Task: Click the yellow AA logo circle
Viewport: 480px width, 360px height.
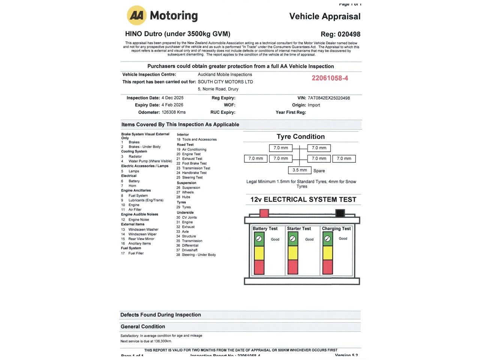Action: pos(137,15)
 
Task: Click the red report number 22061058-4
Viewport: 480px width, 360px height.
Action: pos(330,78)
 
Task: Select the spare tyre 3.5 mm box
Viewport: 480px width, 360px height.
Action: pos(300,170)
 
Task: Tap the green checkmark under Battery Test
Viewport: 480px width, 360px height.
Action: pos(259,239)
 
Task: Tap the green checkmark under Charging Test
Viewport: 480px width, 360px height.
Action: pos(327,239)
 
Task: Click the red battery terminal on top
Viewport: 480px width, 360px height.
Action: pos(264,213)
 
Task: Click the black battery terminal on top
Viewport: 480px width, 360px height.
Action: pos(340,213)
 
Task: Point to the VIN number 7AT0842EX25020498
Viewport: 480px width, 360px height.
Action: pos(328,98)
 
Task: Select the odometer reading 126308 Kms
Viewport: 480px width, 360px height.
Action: pos(174,112)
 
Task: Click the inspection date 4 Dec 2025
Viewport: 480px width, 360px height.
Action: pos(172,98)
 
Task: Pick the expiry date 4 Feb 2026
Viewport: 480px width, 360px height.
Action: pos(172,105)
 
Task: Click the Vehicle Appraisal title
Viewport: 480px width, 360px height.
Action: pos(325,16)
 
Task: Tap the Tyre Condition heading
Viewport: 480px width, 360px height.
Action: pos(301,136)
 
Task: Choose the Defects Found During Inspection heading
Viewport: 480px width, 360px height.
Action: pos(160,315)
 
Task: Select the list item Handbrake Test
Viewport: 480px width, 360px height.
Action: pos(194,173)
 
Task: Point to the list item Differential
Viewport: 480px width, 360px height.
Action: pos(190,246)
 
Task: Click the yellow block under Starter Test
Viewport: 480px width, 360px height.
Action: pos(293,253)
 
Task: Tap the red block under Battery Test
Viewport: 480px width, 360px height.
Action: pos(259,267)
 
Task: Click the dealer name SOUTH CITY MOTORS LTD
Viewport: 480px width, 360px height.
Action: pos(225,82)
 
